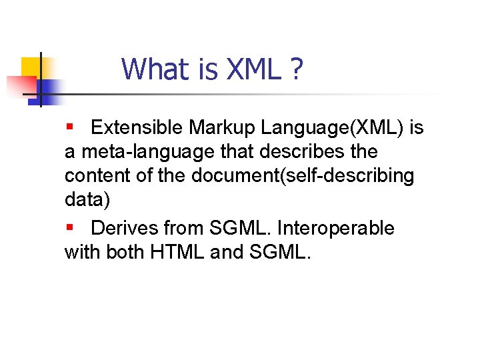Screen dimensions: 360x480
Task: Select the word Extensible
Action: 137,127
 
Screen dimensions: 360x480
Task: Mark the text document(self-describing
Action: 303,177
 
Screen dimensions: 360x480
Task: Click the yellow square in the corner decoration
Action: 31,67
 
